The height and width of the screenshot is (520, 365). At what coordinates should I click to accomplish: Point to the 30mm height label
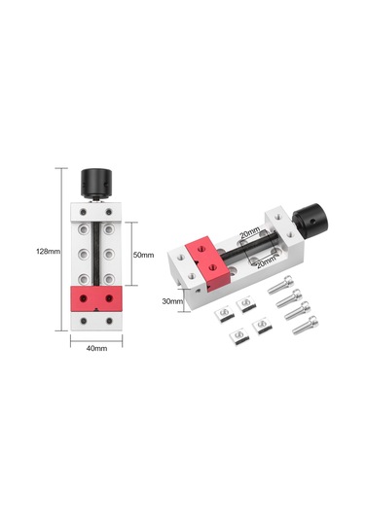point(171,301)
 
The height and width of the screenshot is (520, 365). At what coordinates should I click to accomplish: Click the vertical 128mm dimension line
point(64,251)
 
